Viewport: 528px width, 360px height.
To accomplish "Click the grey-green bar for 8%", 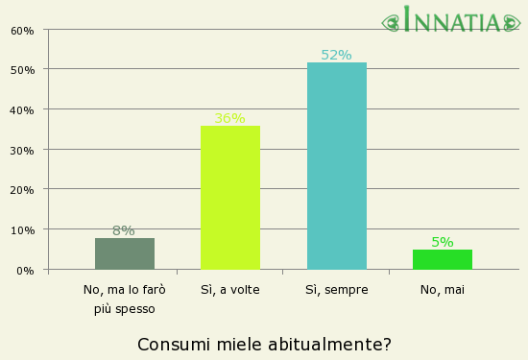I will point(125,253).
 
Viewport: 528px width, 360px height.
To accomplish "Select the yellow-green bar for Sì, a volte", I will point(230,198).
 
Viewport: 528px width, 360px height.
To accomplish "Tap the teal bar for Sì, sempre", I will point(337,166).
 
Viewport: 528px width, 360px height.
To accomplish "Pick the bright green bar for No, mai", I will point(443,259).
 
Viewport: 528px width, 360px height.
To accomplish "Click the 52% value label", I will point(336,55).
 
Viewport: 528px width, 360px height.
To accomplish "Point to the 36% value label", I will point(230,118).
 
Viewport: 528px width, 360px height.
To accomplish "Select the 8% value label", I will point(124,230).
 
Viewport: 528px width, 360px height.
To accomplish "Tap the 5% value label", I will point(443,242).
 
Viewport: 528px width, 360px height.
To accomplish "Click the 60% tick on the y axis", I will point(23,30).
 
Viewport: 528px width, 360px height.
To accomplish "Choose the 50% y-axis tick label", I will point(23,70).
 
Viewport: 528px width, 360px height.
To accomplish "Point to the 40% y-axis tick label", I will point(23,110).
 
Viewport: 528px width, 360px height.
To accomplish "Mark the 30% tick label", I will point(23,151).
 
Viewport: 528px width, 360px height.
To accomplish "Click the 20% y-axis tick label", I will point(23,190).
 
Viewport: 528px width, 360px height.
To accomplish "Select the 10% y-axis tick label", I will point(23,230).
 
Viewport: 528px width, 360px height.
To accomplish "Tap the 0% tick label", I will point(26,271).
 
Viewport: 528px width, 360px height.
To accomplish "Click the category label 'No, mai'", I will point(443,289).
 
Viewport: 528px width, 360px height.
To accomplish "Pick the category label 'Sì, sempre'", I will point(337,289).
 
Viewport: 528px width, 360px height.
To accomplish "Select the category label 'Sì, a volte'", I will point(230,289).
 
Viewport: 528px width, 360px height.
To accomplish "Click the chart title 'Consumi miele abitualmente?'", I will point(264,344).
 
